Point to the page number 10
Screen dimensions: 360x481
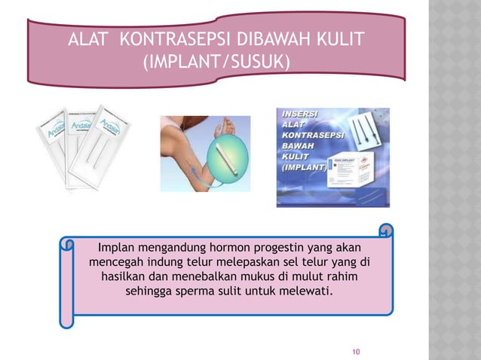pos(357,351)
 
